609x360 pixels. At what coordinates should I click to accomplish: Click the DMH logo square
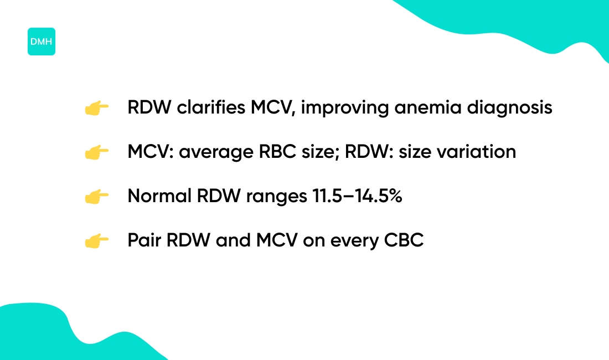click(x=42, y=42)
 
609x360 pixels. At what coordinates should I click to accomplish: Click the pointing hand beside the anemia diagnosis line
click(x=96, y=108)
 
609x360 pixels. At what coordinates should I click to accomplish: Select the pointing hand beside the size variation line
click(x=96, y=152)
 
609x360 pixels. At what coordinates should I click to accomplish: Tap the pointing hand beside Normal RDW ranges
click(x=96, y=197)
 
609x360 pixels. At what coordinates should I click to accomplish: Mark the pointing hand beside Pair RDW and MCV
click(x=96, y=241)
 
